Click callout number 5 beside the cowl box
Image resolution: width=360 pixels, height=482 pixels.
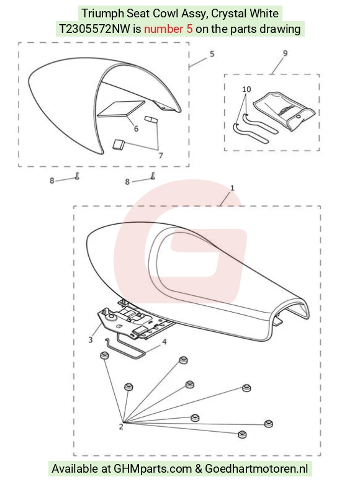[x=212, y=54]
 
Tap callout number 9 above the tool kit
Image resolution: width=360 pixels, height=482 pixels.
[x=286, y=53]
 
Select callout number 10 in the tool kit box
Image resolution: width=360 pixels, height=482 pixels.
[x=246, y=89]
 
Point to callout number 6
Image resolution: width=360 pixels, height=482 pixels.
[x=137, y=128]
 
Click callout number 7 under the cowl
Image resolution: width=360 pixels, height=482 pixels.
[x=161, y=156]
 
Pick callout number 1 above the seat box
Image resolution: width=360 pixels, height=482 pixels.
[x=232, y=187]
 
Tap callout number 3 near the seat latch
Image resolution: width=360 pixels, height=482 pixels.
[x=91, y=340]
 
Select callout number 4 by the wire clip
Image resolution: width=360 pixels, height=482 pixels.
[x=164, y=342]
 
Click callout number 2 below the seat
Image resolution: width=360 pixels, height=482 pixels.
[x=121, y=427]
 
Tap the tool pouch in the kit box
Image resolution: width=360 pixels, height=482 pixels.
[x=285, y=111]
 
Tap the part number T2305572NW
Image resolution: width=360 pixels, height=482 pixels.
[x=95, y=29]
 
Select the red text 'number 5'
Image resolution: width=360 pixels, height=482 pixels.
[x=168, y=29]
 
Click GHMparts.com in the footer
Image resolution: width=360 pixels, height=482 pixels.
[x=153, y=469]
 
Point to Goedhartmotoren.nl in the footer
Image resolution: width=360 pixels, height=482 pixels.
[x=256, y=469]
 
